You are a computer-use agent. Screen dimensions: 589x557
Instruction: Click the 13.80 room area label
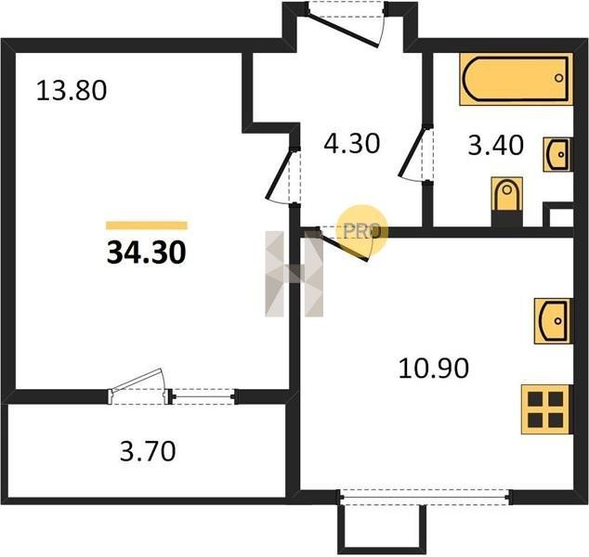(72, 90)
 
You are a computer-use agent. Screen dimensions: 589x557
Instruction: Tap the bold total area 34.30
(147, 252)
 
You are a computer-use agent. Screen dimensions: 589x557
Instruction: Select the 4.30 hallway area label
(351, 143)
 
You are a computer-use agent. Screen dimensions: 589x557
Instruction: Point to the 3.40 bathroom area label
(495, 145)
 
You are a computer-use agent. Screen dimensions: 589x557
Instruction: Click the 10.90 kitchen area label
(434, 368)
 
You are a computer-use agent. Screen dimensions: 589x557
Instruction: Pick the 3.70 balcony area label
(148, 451)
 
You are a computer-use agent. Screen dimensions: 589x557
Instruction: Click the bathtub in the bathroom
(517, 79)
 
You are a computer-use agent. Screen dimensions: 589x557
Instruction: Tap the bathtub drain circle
(559, 78)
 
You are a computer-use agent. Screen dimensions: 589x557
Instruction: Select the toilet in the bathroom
(507, 195)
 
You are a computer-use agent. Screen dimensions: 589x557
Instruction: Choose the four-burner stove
(547, 409)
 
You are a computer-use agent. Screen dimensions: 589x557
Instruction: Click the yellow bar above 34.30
(147, 226)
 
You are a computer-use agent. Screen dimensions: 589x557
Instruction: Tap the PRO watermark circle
(361, 230)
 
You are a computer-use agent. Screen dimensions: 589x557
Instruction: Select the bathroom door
(414, 155)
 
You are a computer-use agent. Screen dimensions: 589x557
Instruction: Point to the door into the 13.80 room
(282, 175)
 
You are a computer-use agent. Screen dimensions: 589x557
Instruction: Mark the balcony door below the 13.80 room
(139, 387)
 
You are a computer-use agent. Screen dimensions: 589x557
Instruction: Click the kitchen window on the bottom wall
(426, 498)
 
